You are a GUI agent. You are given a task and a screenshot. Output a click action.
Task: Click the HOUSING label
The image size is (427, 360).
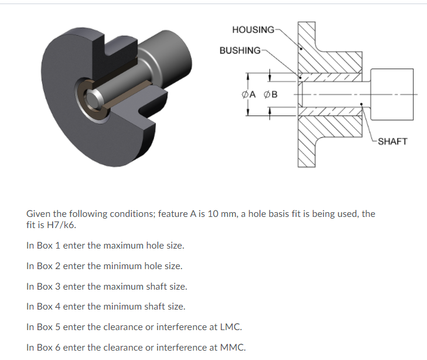(x=252, y=29)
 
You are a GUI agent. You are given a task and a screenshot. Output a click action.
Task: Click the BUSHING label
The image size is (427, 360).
(x=240, y=50)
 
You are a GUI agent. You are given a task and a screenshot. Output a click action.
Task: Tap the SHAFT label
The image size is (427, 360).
(x=392, y=141)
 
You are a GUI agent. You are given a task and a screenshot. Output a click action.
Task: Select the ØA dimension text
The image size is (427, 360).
(x=249, y=94)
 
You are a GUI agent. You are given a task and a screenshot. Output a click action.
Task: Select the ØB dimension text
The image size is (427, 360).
(x=271, y=94)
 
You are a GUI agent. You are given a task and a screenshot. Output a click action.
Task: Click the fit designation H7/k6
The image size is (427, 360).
(x=61, y=225)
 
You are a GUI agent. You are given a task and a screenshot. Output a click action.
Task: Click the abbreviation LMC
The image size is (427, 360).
(x=230, y=327)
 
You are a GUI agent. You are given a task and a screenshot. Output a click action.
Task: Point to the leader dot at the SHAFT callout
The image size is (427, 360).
(x=363, y=106)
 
